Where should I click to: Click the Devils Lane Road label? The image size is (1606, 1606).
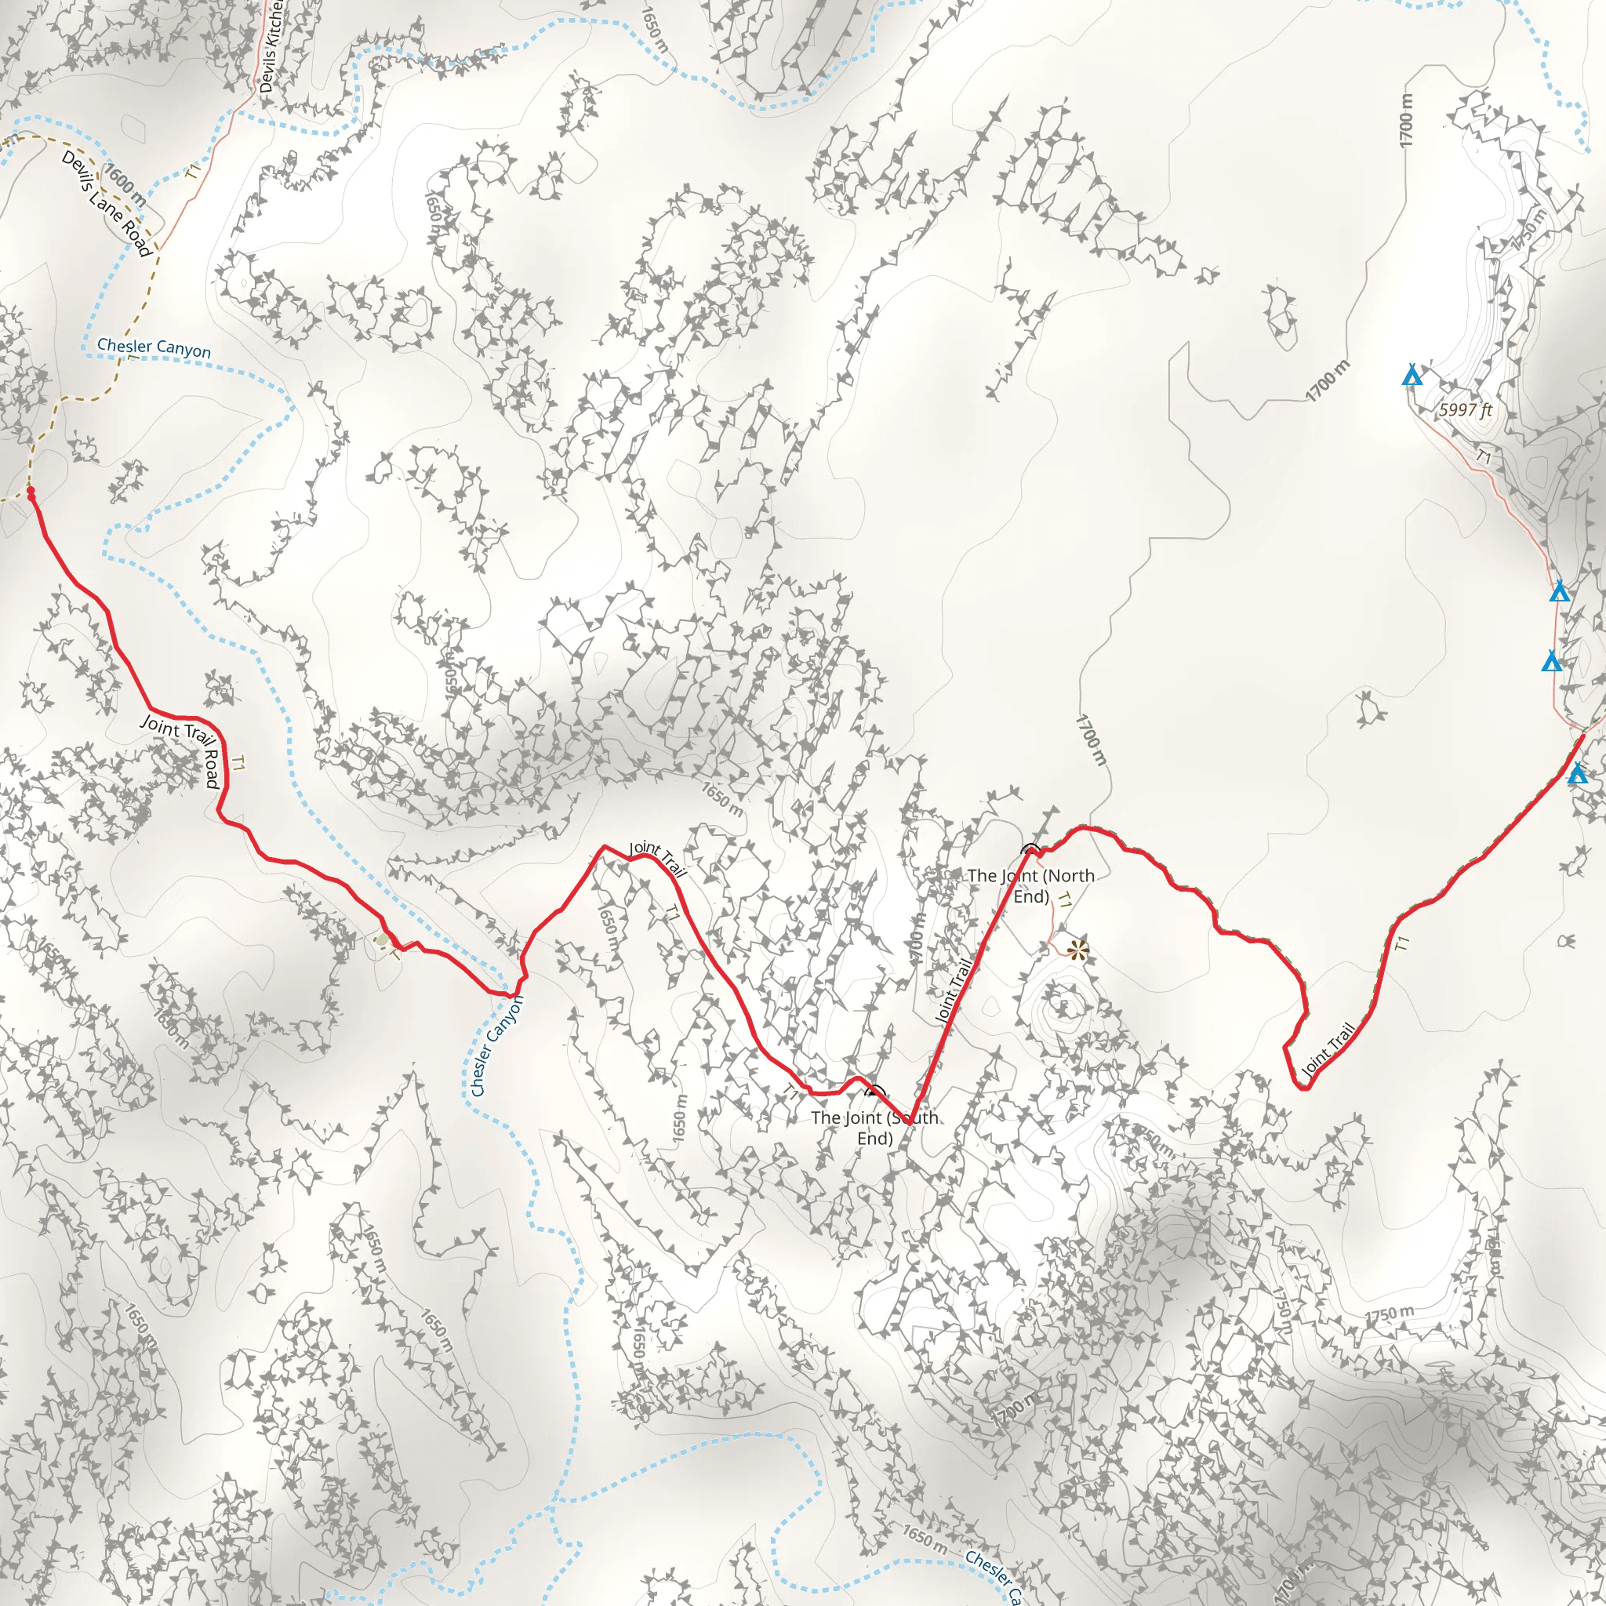(x=107, y=205)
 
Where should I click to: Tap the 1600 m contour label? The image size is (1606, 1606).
(x=125, y=184)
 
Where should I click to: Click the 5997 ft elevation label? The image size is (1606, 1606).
(x=1466, y=409)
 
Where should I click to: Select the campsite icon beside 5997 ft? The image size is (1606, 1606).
(x=1412, y=376)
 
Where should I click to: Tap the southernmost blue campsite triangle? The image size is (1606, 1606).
(x=1577, y=775)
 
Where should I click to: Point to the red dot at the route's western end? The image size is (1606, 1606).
(x=31, y=493)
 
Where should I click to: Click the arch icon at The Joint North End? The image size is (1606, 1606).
(x=1030, y=849)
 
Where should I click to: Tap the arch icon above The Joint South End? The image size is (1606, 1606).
(x=875, y=1092)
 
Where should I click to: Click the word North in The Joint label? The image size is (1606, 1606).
(x=1068, y=875)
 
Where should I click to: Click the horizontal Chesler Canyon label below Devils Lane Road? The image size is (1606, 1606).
(x=154, y=347)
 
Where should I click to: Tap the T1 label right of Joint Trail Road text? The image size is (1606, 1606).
(x=238, y=763)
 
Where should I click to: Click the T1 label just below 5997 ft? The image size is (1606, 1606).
(x=1483, y=456)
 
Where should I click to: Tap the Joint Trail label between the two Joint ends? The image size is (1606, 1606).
(x=954, y=991)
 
